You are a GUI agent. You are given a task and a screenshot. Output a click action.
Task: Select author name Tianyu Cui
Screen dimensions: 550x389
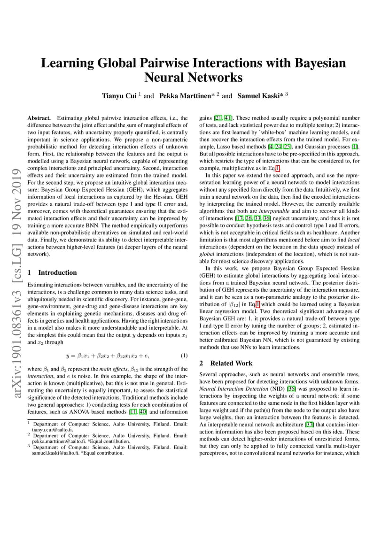pos(119,96)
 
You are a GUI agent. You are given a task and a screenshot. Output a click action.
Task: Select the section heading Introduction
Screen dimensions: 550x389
pos(57,272)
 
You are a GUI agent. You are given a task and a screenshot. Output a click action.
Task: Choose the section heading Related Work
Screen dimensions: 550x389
pos(231,363)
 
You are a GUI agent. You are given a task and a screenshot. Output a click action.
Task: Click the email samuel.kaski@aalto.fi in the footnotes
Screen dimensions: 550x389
pos(53,453)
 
